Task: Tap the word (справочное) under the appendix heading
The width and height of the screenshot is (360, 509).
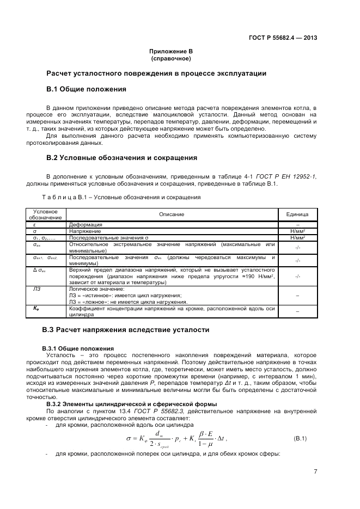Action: click(171, 58)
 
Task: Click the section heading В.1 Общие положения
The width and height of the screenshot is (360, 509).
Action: click(86, 89)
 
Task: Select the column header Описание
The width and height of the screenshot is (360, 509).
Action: click(172, 214)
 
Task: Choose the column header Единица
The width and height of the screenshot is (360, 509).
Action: click(297, 214)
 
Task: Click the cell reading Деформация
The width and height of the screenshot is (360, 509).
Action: click(85, 224)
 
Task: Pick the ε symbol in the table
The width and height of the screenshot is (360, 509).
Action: click(34, 224)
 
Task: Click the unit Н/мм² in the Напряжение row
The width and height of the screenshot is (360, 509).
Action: click(297, 231)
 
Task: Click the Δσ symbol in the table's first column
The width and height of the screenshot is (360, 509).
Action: click(39, 269)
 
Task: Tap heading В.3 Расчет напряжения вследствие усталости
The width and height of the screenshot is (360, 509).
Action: click(125, 330)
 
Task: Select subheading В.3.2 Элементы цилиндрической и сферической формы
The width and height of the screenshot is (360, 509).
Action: click(131, 403)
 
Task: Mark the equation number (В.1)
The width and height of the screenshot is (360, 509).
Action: click(301, 438)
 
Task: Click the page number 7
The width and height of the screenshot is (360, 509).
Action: click(315, 471)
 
